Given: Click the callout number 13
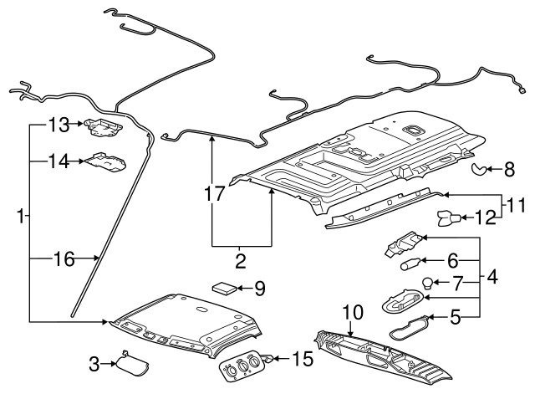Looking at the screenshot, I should [57, 125].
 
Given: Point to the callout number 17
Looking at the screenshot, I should [215, 193].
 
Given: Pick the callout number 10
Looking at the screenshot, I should [352, 313].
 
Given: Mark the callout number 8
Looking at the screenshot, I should [509, 171].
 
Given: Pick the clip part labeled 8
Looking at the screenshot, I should [479, 171].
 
